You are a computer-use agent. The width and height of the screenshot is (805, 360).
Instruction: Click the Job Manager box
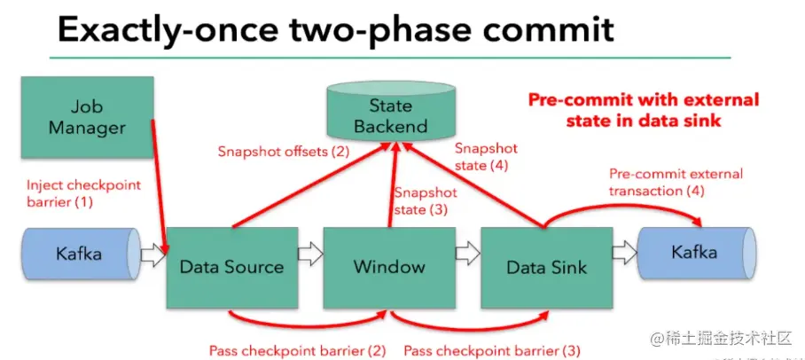click(x=87, y=117)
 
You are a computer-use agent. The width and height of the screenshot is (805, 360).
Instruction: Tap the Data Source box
click(x=232, y=268)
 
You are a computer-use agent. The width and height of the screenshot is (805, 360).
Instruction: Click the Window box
click(x=389, y=268)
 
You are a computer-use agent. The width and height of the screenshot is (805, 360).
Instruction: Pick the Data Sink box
click(x=546, y=268)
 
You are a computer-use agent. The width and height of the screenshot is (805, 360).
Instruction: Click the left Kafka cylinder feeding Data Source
click(x=81, y=254)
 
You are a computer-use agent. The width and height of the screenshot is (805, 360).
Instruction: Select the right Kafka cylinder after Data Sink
click(x=696, y=254)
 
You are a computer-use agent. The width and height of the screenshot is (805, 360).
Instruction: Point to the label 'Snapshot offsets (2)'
click(x=284, y=152)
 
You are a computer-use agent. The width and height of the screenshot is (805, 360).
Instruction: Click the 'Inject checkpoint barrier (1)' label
click(x=83, y=193)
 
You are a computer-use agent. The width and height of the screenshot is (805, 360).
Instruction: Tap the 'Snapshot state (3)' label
click(x=426, y=200)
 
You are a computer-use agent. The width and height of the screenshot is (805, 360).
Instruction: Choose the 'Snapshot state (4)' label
click(x=486, y=157)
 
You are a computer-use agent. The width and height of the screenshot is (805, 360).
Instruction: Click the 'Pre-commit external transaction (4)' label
click(x=676, y=183)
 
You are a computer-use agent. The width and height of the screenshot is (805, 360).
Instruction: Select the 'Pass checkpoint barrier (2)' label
click(x=297, y=351)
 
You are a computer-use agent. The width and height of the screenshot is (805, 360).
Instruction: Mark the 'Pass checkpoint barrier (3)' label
click(x=492, y=351)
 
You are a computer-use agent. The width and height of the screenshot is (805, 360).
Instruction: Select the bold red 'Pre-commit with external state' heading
click(x=644, y=110)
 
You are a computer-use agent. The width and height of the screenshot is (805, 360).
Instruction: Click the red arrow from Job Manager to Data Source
click(x=160, y=186)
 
